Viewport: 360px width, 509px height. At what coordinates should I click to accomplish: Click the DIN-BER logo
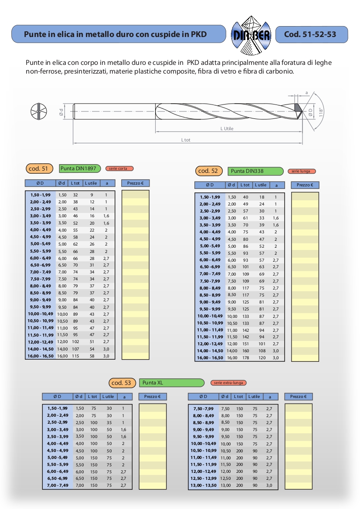click(x=251, y=35)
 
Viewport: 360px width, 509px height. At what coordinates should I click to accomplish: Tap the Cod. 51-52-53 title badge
click(x=312, y=34)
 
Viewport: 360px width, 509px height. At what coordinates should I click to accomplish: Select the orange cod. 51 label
click(x=39, y=169)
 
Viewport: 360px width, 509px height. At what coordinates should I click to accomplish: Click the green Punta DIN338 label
click(x=255, y=171)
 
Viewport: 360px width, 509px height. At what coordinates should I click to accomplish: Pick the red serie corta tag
click(x=119, y=169)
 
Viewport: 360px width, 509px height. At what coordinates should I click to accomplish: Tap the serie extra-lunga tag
click(x=228, y=383)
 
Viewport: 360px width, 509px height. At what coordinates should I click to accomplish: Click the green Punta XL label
click(x=172, y=383)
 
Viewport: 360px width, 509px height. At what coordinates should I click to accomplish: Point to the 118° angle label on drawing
click(x=321, y=112)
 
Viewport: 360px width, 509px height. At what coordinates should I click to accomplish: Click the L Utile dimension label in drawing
click(x=227, y=128)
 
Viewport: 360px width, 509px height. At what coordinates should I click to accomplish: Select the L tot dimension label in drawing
click(x=186, y=140)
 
